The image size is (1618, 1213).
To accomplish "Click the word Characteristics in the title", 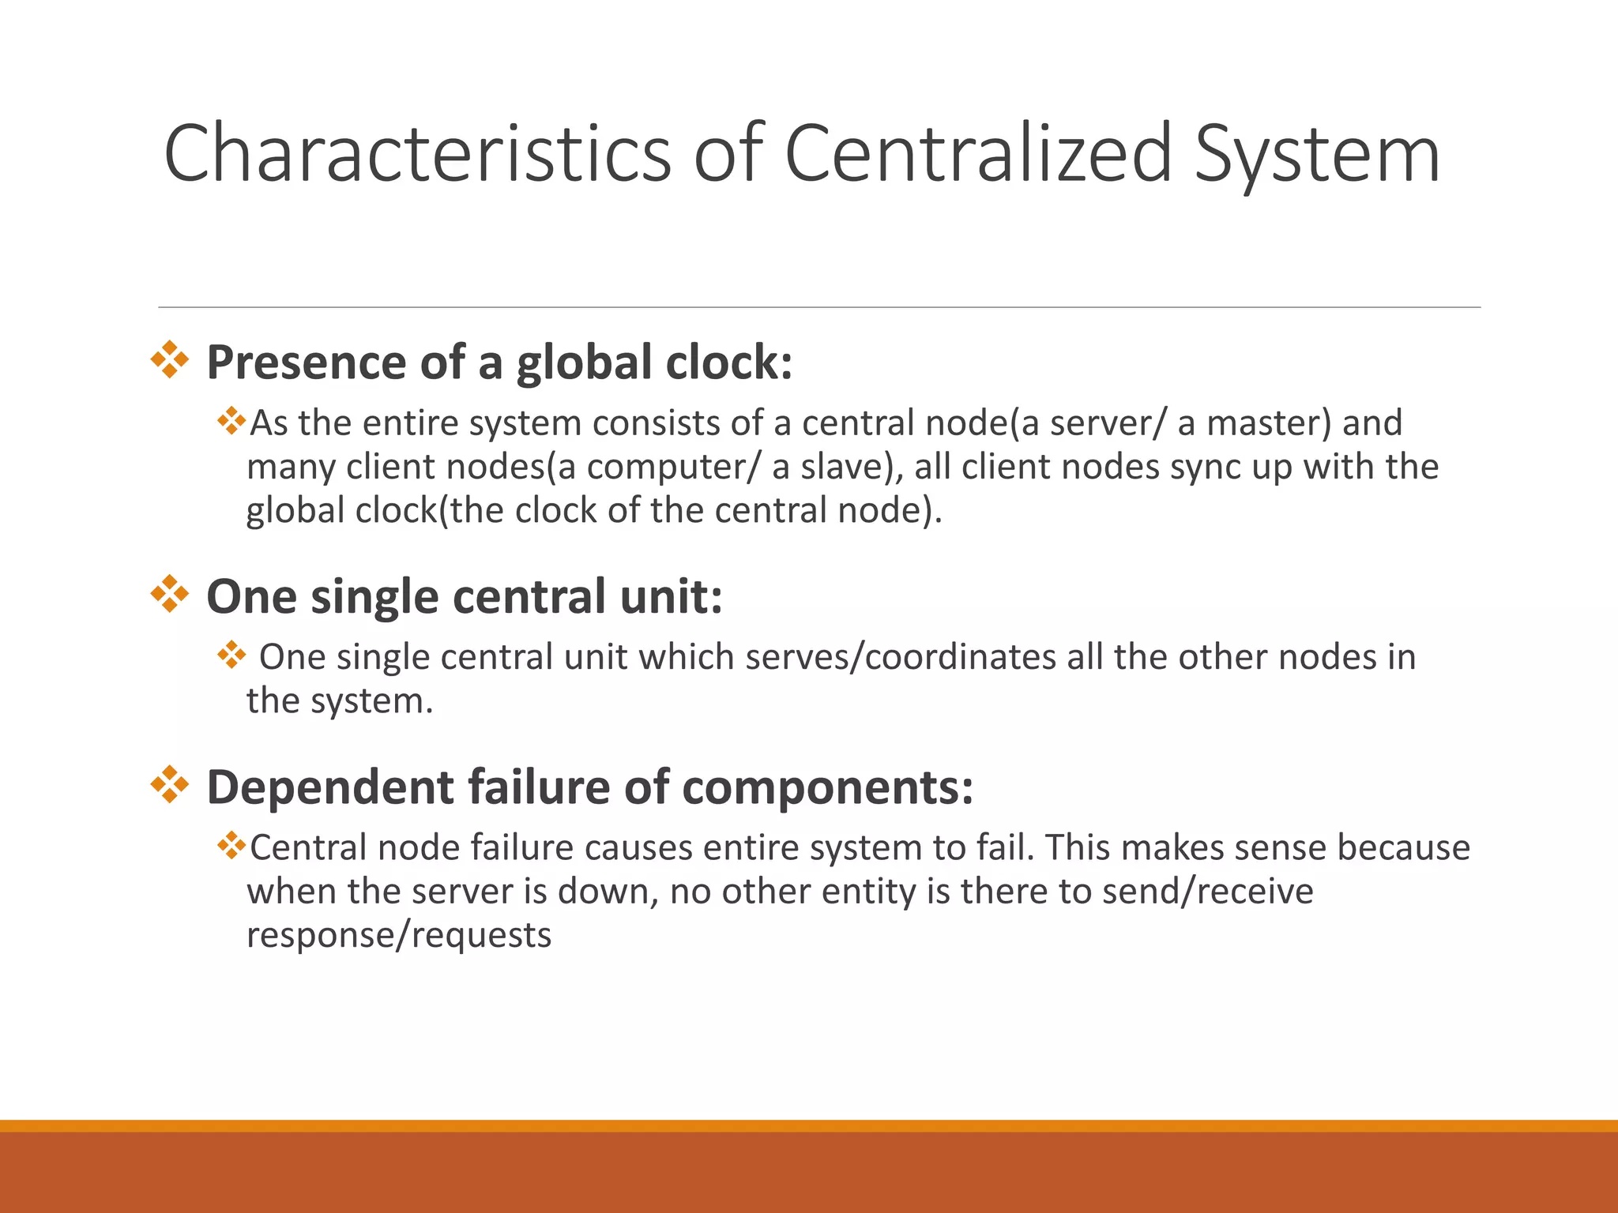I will pyautogui.click(x=417, y=154).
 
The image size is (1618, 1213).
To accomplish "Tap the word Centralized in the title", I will pyautogui.click(x=977, y=154).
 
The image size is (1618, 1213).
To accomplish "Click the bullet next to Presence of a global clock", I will pyautogui.click(x=170, y=360).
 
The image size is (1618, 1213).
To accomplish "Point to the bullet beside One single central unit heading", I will pyautogui.click(x=170, y=595).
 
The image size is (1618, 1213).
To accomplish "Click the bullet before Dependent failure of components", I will pyautogui.click(x=170, y=785).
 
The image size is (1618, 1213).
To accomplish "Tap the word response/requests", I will pyautogui.click(x=399, y=936).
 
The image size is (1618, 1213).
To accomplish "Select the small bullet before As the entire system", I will pyautogui.click(x=231, y=420).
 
